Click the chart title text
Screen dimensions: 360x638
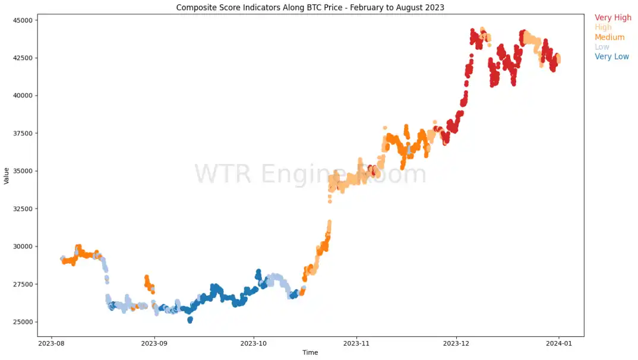click(310, 8)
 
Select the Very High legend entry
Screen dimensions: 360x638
click(612, 18)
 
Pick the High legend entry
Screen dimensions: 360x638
click(603, 27)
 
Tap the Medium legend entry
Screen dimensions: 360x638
click(609, 37)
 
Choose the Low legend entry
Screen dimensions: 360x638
click(602, 47)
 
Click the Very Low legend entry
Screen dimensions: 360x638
click(611, 57)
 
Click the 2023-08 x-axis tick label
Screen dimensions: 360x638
click(52, 343)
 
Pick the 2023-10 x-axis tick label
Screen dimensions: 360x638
click(255, 343)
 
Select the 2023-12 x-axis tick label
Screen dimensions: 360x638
click(457, 343)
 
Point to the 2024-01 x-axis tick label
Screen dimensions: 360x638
click(558, 343)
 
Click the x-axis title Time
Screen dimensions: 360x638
click(310, 353)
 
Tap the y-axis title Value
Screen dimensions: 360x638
click(7, 176)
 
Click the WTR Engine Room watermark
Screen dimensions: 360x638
click(310, 175)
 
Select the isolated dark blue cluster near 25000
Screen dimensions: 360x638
click(189, 320)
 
